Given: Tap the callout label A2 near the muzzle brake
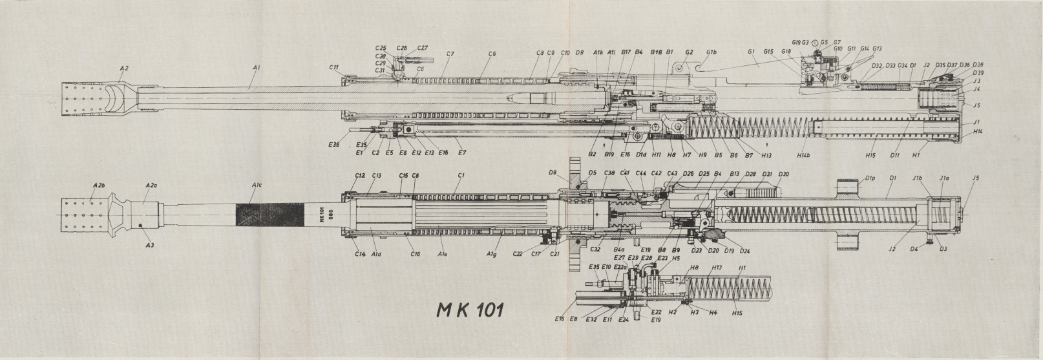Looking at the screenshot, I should click(x=124, y=68).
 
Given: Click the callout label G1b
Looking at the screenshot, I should click(x=711, y=52).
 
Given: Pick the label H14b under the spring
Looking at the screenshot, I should click(x=804, y=155).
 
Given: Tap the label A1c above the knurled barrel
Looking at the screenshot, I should click(x=257, y=185).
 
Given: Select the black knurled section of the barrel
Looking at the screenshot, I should click(x=269, y=214).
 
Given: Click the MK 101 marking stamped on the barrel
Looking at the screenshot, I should click(x=322, y=215).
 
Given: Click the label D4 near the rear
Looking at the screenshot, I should click(x=914, y=248).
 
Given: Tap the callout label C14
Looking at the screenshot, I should click(x=360, y=253).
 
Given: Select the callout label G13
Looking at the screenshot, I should click(x=877, y=48).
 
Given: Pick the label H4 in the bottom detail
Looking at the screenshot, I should click(x=713, y=313).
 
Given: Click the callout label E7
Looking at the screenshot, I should click(x=461, y=153).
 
